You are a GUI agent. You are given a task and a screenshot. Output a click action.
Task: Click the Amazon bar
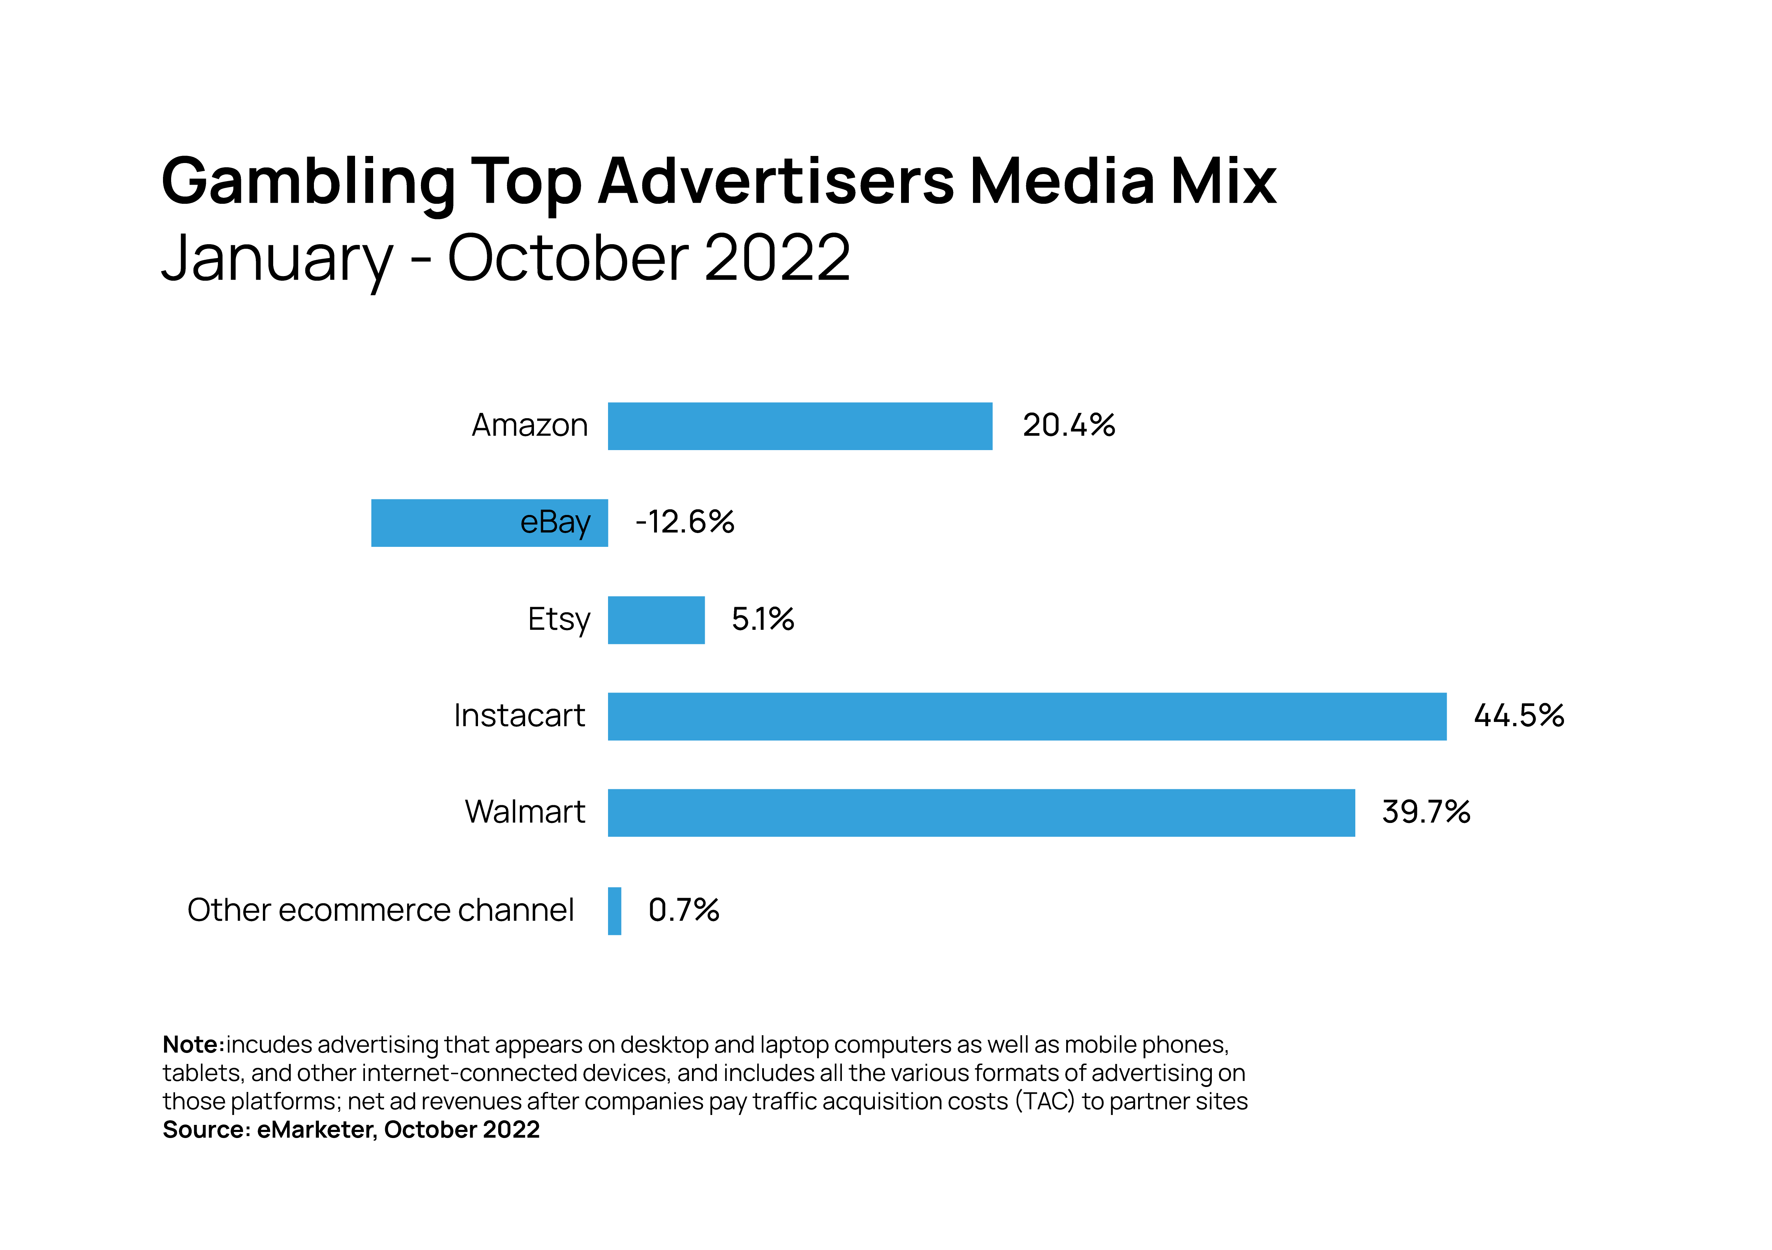[800, 426]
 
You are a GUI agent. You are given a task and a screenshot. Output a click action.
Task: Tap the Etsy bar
[656, 620]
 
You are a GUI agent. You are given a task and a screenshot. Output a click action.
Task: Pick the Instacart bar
[1026, 717]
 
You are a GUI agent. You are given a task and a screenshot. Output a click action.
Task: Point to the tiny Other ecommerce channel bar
[614, 911]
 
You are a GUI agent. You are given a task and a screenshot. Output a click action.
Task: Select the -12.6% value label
[685, 522]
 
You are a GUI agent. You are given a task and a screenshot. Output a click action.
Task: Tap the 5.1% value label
[763, 619]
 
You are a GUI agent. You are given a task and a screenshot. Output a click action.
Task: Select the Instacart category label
[519, 716]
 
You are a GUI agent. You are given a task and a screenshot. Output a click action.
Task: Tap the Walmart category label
[525, 812]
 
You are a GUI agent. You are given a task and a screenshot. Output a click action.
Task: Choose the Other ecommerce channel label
[381, 910]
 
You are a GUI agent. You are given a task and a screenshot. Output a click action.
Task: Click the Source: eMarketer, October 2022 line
[351, 1130]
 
